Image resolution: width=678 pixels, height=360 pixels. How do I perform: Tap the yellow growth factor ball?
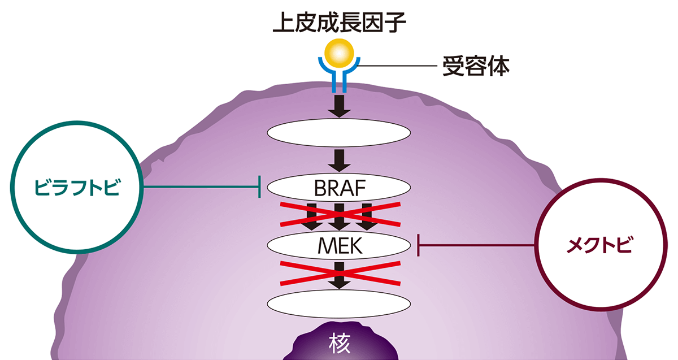tap(339, 54)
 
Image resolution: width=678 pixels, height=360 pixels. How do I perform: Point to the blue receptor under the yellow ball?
tap(339, 79)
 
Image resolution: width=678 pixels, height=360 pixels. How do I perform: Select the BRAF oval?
tap(339, 186)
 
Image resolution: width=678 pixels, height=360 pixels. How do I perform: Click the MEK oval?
tap(339, 245)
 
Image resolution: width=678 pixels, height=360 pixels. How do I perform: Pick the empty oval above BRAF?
tap(339, 134)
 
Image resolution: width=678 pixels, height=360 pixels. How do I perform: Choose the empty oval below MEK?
tap(339, 304)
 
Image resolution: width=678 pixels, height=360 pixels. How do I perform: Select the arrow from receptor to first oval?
tap(339, 106)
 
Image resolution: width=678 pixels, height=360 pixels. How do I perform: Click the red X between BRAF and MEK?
tap(339, 215)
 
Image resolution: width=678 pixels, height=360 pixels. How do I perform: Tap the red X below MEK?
tap(339, 275)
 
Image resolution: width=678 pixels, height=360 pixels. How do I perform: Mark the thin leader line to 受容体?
tap(395, 67)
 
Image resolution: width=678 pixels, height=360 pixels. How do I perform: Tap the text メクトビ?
tap(600, 245)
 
